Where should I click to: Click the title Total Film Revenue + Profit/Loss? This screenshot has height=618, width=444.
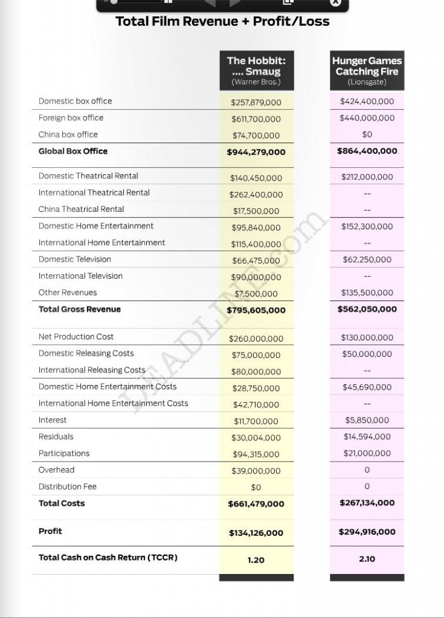click(x=222, y=22)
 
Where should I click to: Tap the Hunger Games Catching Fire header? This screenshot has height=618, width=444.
click(x=367, y=71)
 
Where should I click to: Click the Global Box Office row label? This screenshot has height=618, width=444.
click(x=73, y=151)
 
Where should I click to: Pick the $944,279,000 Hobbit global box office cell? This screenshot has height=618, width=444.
click(x=256, y=152)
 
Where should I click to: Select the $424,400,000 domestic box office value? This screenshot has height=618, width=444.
click(x=367, y=101)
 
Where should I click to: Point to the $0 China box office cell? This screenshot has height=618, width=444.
click(x=367, y=135)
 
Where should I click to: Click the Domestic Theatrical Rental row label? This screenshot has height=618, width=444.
click(x=88, y=176)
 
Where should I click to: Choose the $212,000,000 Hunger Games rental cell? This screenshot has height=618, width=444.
click(x=367, y=177)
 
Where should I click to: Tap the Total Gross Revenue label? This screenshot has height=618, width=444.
click(x=80, y=309)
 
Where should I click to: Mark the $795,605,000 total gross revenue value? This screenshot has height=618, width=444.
click(x=256, y=310)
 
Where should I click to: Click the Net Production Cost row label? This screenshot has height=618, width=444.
click(x=76, y=337)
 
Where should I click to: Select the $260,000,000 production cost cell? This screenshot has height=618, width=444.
click(x=256, y=339)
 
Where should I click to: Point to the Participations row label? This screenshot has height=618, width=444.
click(x=64, y=453)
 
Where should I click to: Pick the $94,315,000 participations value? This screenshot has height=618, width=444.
click(x=256, y=454)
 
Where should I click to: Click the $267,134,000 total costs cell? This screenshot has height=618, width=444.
click(x=367, y=503)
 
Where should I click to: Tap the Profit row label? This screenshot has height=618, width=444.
click(x=50, y=531)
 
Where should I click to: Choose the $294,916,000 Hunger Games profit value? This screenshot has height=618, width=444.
click(x=367, y=532)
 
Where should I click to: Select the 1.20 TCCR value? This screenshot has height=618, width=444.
click(x=256, y=560)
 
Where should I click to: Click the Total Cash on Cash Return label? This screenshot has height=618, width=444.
click(x=108, y=558)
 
